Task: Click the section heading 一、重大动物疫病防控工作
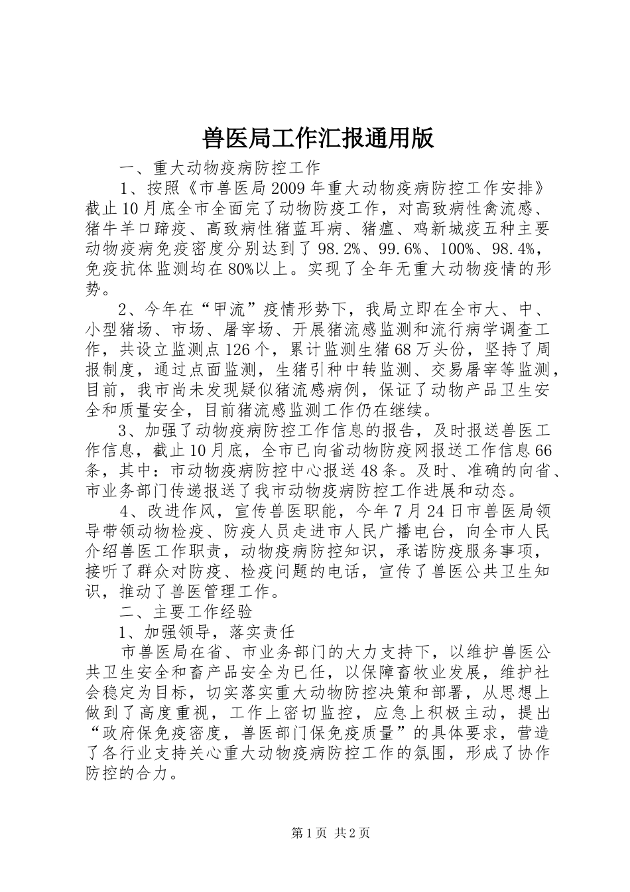219,167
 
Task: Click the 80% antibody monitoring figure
244,269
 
